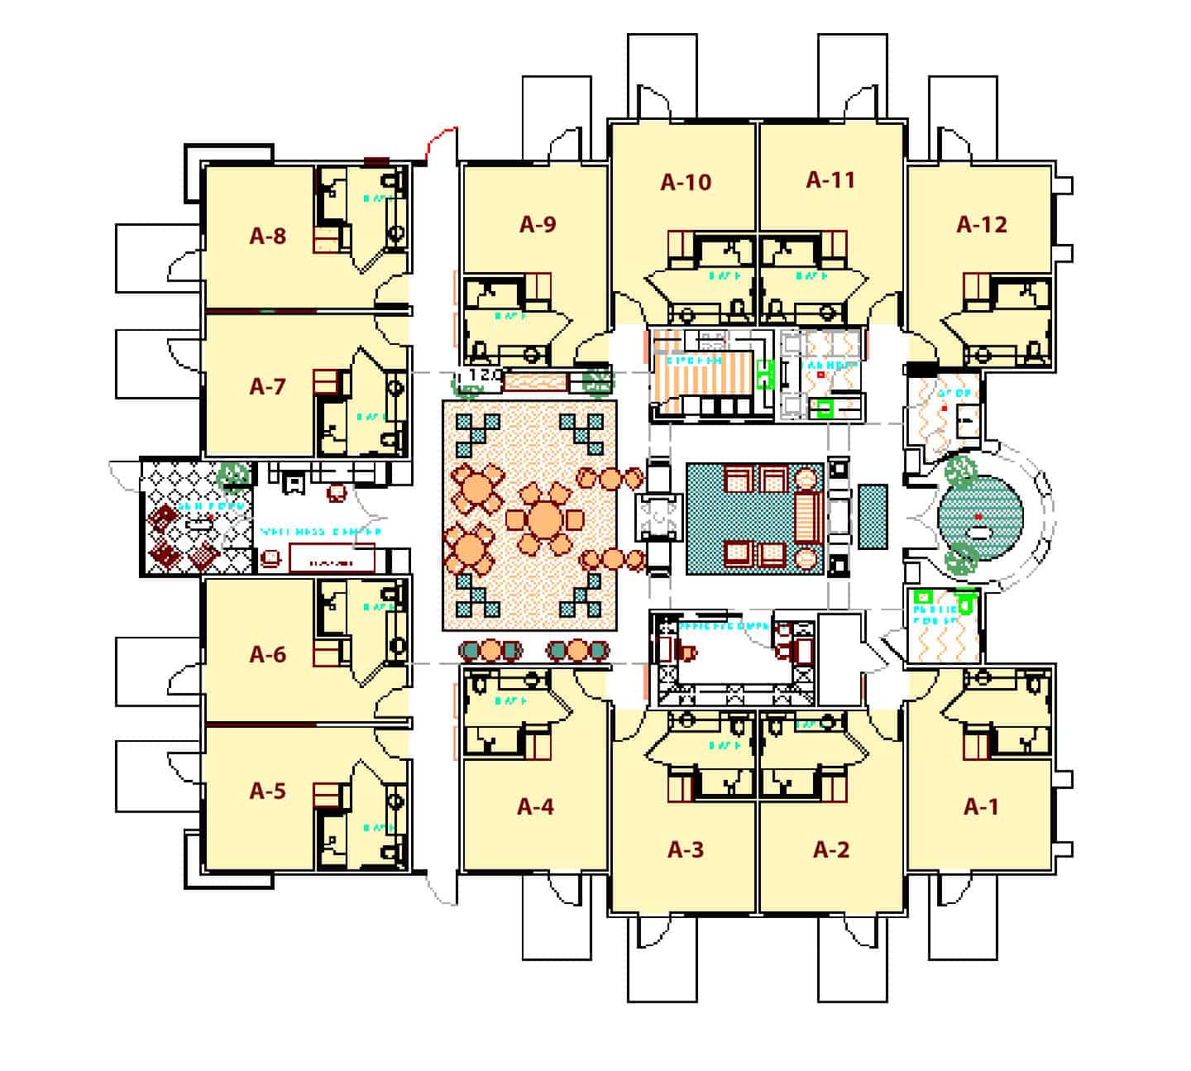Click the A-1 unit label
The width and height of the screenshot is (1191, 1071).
981,806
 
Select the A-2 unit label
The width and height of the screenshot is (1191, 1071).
830,849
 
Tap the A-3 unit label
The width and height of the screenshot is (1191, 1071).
686,849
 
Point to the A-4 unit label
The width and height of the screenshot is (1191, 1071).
535,806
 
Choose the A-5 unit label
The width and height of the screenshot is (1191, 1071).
267,791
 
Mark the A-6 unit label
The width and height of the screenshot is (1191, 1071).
267,655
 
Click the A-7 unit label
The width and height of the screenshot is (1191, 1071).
267,386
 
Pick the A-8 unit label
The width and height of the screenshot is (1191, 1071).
267,237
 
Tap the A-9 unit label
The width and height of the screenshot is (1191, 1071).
537,223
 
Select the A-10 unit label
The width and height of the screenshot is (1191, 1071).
686,182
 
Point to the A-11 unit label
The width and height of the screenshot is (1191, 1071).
830,179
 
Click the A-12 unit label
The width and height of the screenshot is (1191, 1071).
982,224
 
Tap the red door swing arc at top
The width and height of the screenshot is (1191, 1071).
438,141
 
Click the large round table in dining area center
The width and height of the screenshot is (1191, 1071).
543,519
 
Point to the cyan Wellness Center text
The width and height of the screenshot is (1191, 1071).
320,532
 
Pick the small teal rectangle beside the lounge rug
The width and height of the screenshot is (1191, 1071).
873,517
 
